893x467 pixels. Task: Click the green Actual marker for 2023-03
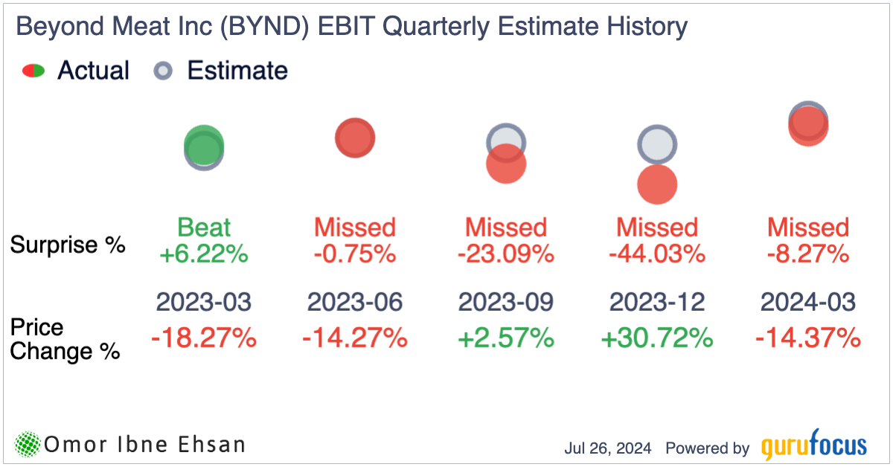pyautogui.click(x=203, y=146)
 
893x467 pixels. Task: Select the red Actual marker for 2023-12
pyautogui.click(x=657, y=184)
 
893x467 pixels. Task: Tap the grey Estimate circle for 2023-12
pyautogui.click(x=657, y=144)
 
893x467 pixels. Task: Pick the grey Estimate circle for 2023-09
pyautogui.click(x=506, y=140)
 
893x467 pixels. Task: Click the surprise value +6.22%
pyautogui.click(x=203, y=254)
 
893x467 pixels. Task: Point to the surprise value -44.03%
pyautogui.click(x=657, y=254)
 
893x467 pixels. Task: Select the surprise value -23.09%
pyautogui.click(x=506, y=254)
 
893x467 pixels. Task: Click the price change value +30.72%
pyautogui.click(x=657, y=338)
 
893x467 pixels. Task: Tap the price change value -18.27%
pyautogui.click(x=203, y=338)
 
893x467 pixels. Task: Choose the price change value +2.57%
pyautogui.click(x=506, y=338)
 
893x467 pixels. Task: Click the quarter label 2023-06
pyautogui.click(x=355, y=302)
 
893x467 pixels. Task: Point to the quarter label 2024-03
pyautogui.click(x=808, y=302)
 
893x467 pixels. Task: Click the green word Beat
pyautogui.click(x=203, y=228)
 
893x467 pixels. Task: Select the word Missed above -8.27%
pyautogui.click(x=808, y=228)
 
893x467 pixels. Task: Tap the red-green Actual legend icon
pyautogui.click(x=33, y=71)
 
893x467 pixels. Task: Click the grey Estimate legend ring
pyautogui.click(x=162, y=71)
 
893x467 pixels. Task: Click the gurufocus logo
pyautogui.click(x=814, y=446)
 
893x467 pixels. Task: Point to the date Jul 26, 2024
pyautogui.click(x=608, y=448)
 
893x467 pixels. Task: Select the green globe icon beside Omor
pyautogui.click(x=28, y=445)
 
